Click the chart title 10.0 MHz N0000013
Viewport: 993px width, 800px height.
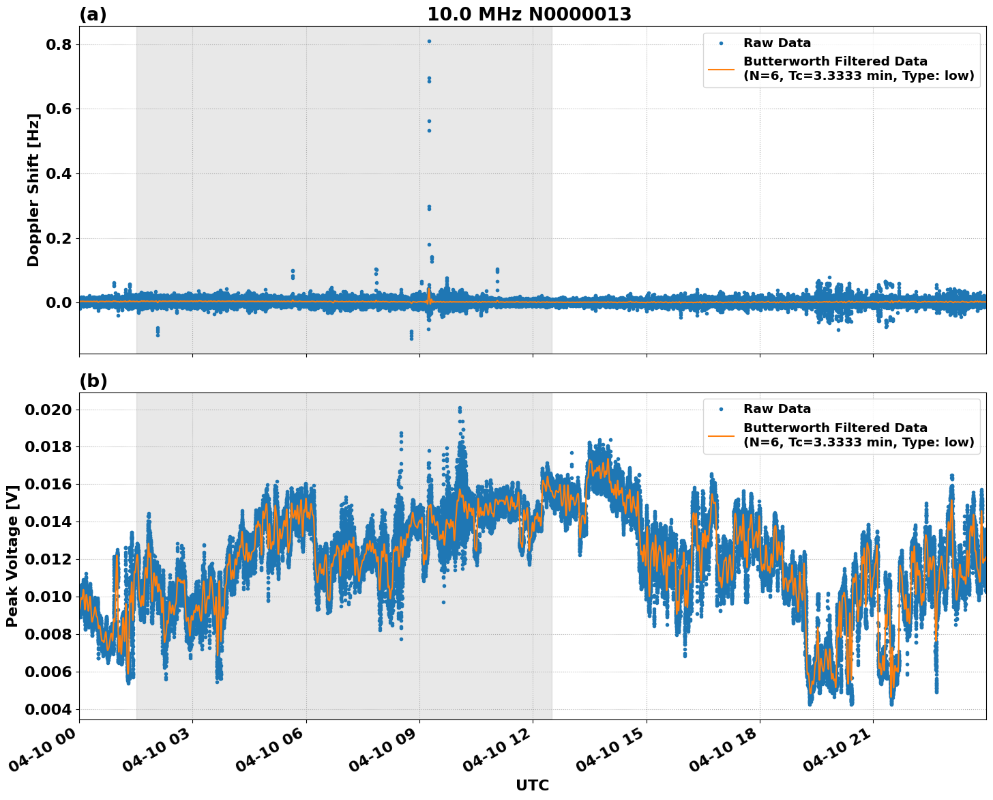tap(529, 14)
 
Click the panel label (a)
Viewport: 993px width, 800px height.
tap(93, 14)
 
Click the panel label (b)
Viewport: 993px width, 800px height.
tap(93, 381)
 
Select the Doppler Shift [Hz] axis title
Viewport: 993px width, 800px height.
tap(33, 190)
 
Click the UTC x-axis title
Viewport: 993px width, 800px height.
tap(532, 785)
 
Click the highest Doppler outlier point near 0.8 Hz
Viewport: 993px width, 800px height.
tap(429, 41)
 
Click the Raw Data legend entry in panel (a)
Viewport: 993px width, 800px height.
tap(777, 43)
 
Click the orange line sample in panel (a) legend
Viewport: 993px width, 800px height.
tap(722, 68)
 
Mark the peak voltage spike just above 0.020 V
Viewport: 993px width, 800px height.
tap(460, 408)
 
